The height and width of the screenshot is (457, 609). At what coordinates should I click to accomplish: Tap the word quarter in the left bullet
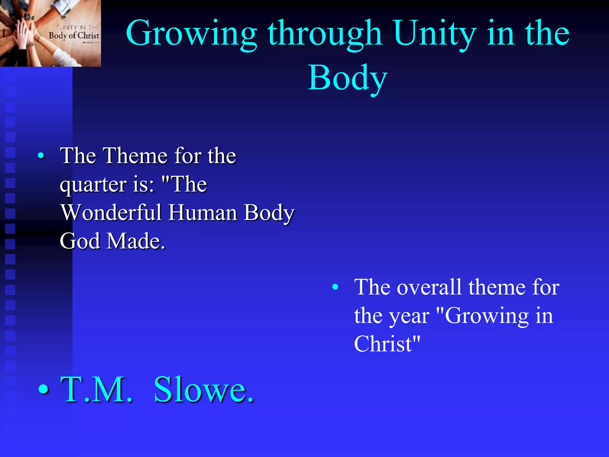pos(93,185)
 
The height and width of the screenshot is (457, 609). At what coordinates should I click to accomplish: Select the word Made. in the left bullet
pos(136,241)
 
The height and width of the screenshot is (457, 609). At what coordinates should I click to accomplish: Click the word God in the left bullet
pos(80,241)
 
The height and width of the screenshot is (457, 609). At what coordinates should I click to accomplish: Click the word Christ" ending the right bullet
pos(387,344)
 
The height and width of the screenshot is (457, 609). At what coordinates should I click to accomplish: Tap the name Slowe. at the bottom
pos(204,389)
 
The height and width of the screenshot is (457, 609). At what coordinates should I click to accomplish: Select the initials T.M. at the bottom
pos(96,389)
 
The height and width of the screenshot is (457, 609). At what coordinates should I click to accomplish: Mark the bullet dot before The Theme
pos(41,155)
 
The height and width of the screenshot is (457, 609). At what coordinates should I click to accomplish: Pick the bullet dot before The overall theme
pos(335,287)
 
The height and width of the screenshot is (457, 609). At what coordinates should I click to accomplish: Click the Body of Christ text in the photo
pos(74,35)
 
